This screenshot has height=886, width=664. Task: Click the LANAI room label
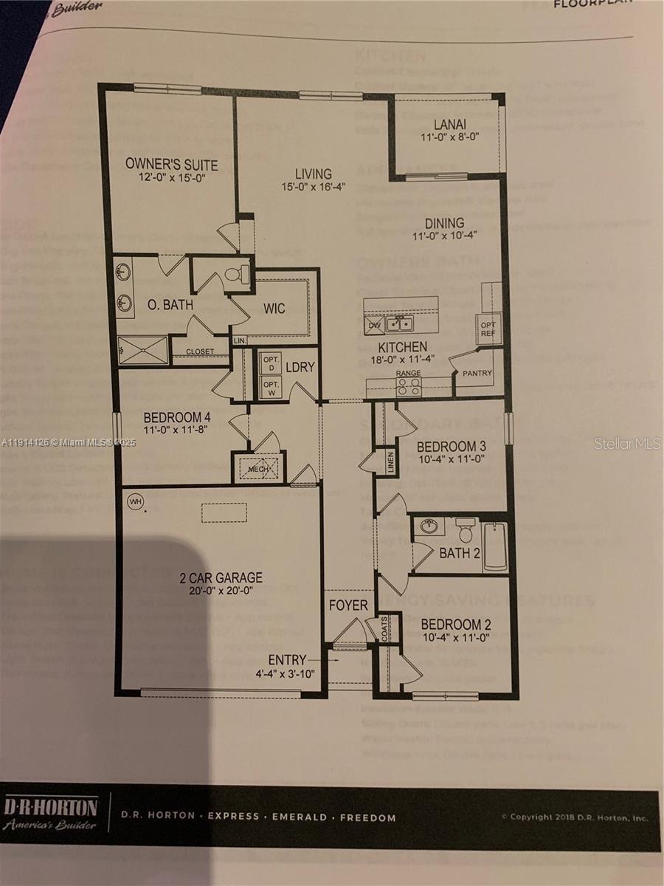(x=449, y=125)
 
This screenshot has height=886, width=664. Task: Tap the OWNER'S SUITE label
(x=171, y=164)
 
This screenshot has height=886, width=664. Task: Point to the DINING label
(x=444, y=222)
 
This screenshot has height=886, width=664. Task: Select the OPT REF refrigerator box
(x=489, y=328)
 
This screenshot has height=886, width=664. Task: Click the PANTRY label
(x=477, y=374)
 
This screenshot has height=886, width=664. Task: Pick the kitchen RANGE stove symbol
(x=408, y=387)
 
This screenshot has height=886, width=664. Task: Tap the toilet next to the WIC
(x=235, y=275)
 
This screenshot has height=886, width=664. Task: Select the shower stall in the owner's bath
(x=143, y=350)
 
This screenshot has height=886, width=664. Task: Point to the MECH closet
(x=259, y=467)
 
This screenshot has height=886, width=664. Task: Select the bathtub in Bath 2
(x=495, y=547)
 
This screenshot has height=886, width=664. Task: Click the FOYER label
(x=348, y=605)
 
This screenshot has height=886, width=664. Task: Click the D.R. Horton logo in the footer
(x=50, y=812)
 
